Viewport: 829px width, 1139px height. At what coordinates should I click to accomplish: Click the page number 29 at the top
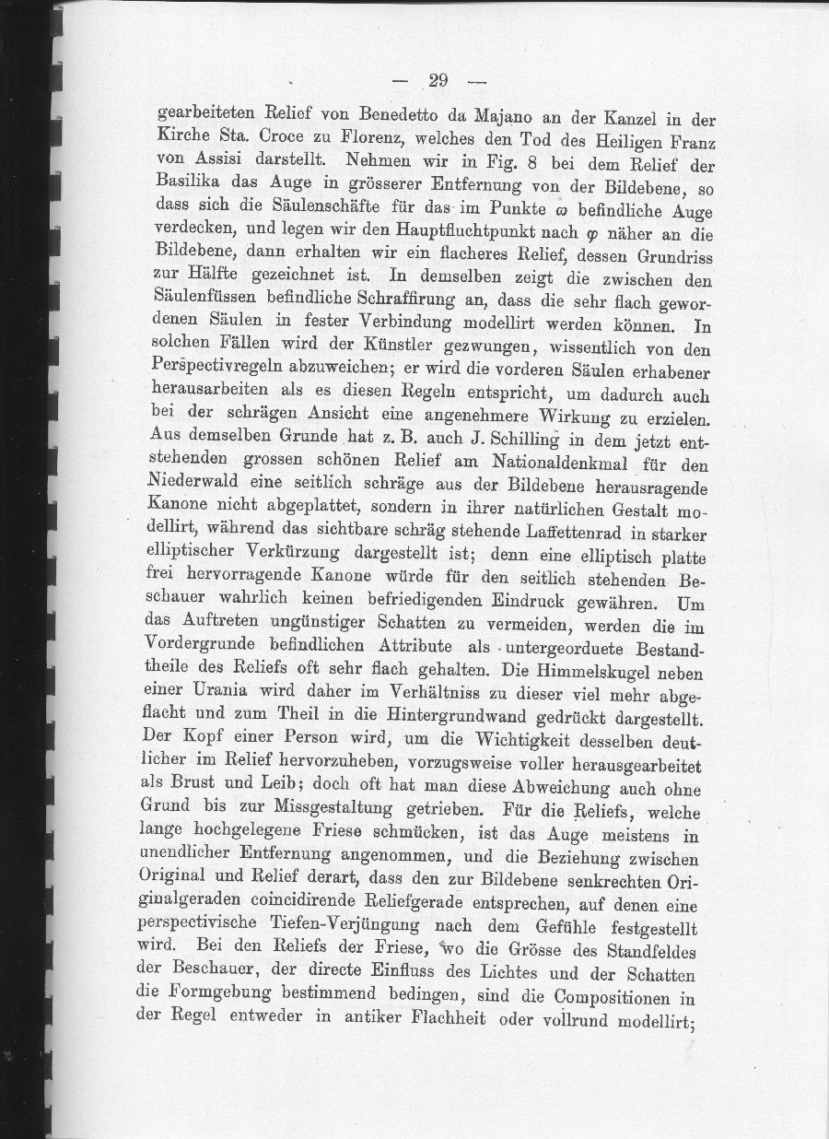pos(438,79)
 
